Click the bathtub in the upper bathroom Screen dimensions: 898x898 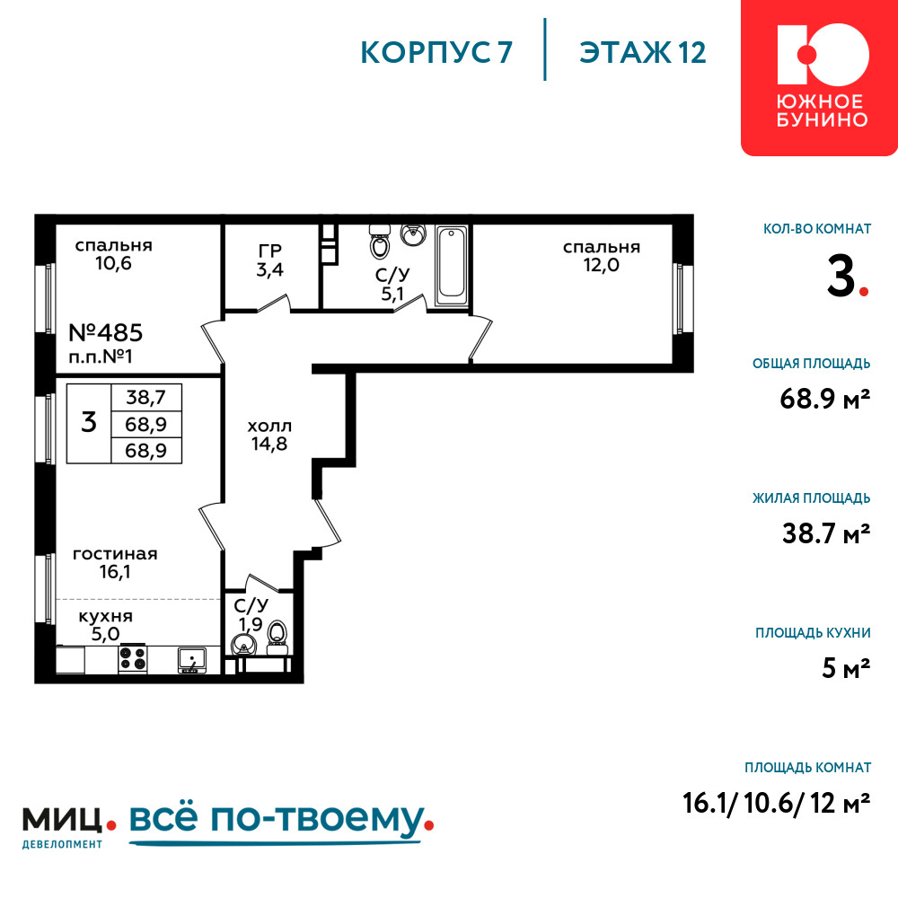(x=453, y=266)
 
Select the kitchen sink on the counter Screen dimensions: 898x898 (x=191, y=660)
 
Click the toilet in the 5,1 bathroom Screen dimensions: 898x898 (x=379, y=241)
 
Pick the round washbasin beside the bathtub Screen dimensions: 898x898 (x=413, y=234)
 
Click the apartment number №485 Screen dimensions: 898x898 (x=105, y=333)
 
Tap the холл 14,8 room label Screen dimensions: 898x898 (x=269, y=435)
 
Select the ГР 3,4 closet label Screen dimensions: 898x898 (x=269, y=260)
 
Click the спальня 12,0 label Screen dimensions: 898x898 (x=602, y=256)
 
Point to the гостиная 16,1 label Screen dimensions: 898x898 (x=115, y=562)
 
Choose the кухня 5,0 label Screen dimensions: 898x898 (x=106, y=625)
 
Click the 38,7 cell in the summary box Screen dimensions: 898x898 (x=146, y=397)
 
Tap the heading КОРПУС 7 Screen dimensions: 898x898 (x=436, y=53)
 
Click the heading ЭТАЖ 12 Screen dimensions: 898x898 (x=643, y=53)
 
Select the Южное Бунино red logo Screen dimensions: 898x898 (x=820, y=77)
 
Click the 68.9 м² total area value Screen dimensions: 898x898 (x=824, y=398)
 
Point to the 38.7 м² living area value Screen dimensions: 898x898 (x=826, y=533)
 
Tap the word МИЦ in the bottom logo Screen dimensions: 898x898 (x=63, y=820)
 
